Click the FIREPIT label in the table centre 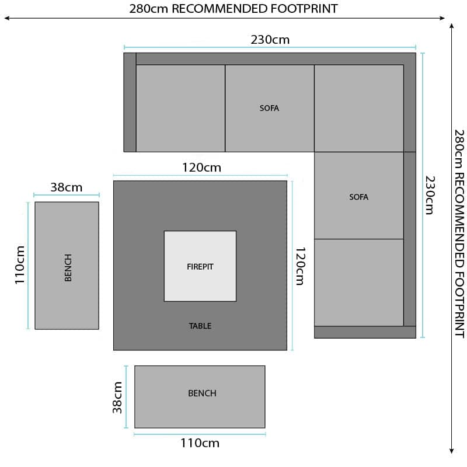[x=200, y=267]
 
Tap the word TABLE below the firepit [x=200, y=326]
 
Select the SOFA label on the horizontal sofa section [x=269, y=108]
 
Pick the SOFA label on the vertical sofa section [x=358, y=197]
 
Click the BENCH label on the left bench [x=68, y=267]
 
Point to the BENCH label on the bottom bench [x=202, y=393]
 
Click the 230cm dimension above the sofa [x=270, y=40]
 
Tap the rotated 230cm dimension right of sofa [x=430, y=195]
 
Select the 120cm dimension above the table [x=201, y=168]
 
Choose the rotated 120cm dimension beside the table [x=300, y=266]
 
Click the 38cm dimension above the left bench [x=67, y=187]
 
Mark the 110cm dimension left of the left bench [x=20, y=265]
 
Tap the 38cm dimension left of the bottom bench [x=117, y=398]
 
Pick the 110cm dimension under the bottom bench [x=200, y=443]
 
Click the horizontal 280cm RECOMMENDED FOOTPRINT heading [x=233, y=9]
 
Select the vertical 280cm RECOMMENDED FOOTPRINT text [x=459, y=233]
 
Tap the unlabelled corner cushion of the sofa [x=359, y=109]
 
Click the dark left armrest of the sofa [x=130, y=103]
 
